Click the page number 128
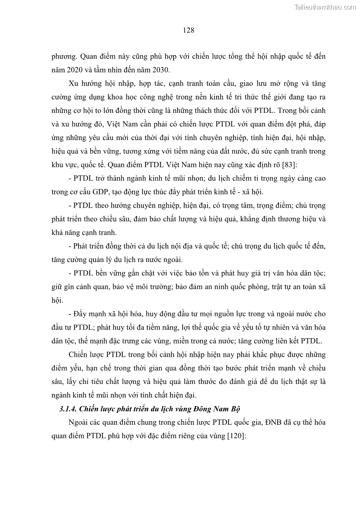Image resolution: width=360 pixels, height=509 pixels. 189,31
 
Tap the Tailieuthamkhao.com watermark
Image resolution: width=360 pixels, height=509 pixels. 326,7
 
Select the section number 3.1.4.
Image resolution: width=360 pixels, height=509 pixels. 68,409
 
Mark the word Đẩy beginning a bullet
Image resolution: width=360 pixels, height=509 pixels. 81,314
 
